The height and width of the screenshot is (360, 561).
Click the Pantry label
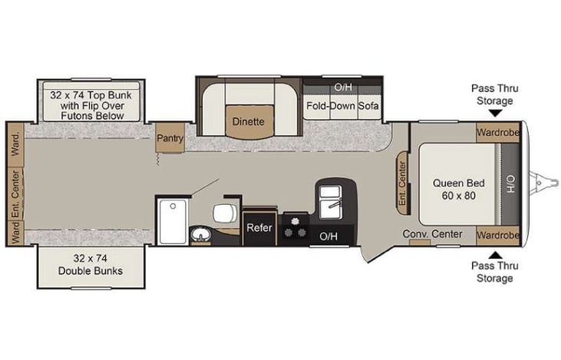169,138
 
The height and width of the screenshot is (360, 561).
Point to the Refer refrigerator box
259,228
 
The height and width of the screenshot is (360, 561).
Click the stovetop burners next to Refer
295,228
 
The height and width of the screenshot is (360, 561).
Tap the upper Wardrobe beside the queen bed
497,132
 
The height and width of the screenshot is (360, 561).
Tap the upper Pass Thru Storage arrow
492,112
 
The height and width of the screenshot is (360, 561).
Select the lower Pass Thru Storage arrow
492,255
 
